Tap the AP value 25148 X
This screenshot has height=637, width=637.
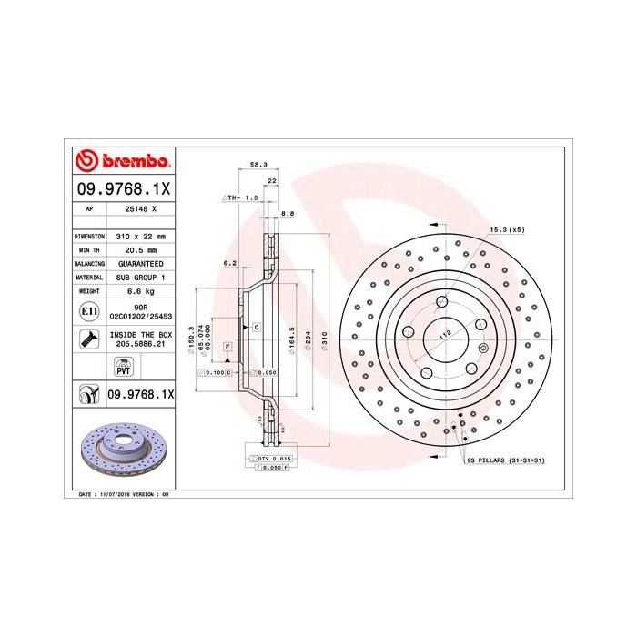coord(140,208)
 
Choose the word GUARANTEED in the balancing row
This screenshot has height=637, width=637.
coord(140,263)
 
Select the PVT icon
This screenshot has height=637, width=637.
coord(122,368)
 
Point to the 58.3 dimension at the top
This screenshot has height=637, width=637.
coord(258,165)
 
